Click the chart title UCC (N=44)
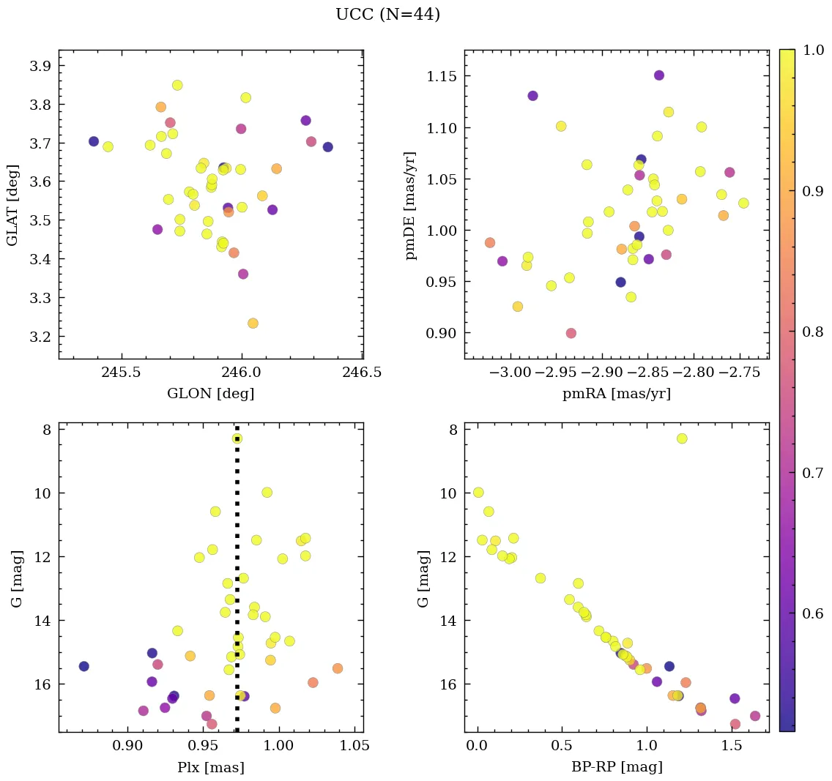pos(387,15)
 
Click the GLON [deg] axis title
pos(211,394)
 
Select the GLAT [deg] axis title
pos(12,204)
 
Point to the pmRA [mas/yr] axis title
pos(616,394)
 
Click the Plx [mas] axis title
pos(211,767)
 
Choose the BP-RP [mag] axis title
pos(616,767)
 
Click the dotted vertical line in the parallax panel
pos(237,586)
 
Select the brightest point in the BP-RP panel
pos(682,438)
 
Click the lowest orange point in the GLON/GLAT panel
pos(253,324)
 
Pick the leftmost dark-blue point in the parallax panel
pos(83,666)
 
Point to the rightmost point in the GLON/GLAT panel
pos(327,147)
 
